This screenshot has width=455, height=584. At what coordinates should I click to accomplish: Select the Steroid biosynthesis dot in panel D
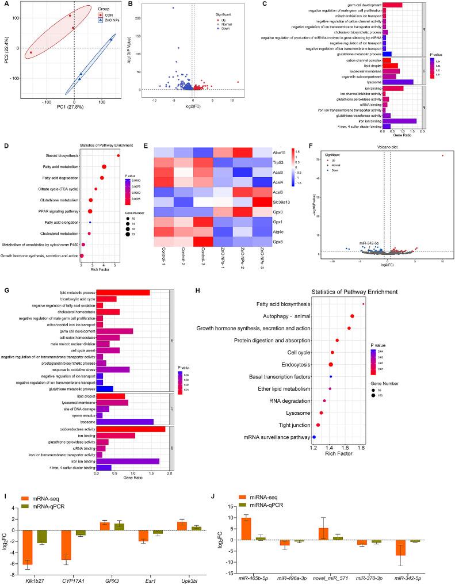point(118,155)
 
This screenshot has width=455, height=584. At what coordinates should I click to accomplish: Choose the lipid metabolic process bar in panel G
point(123,292)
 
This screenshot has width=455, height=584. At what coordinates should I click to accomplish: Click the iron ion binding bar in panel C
point(399,121)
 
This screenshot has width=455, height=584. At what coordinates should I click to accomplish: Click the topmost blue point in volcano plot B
point(173,8)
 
